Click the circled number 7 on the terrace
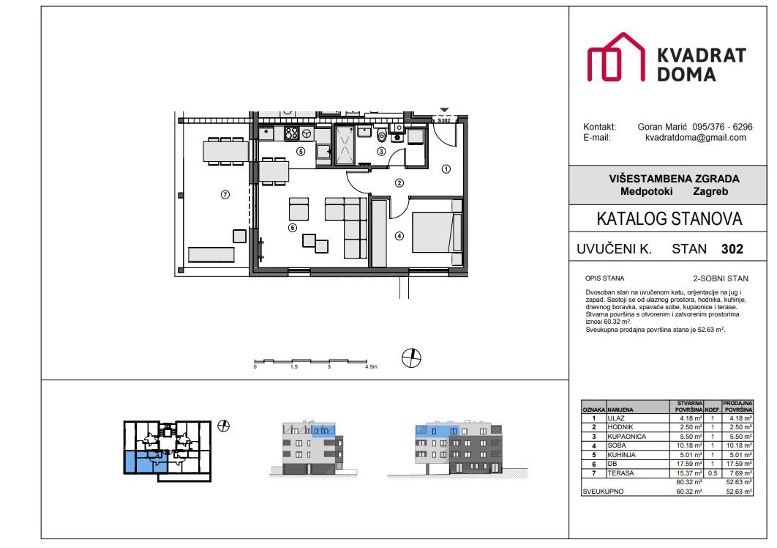pos(225,194)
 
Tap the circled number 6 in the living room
pos(292,228)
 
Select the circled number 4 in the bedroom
pos(399,236)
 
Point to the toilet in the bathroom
pos(381,135)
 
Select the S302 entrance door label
pos(443,120)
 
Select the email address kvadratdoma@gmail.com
pos(695,137)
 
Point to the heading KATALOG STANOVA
pos(669,218)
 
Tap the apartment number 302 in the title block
pos(732,249)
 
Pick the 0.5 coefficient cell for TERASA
pos(712,474)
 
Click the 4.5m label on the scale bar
pos(370,366)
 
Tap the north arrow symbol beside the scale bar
pos(412,358)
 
